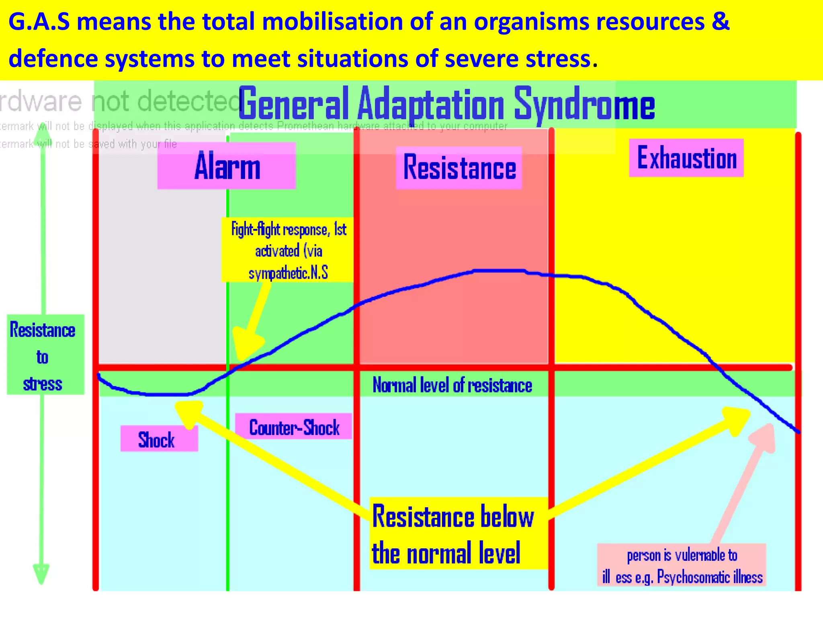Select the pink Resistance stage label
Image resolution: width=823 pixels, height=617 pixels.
pyautogui.click(x=459, y=168)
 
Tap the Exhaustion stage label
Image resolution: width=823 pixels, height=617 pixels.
pyautogui.click(x=686, y=158)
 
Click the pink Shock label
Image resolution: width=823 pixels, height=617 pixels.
pyautogui.click(x=159, y=439)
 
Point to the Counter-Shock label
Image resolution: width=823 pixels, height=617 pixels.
pyautogui.click(x=294, y=427)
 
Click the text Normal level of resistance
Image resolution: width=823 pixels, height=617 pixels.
pyautogui.click(x=452, y=385)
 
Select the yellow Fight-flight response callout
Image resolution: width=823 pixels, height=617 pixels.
pyautogui.click(x=288, y=250)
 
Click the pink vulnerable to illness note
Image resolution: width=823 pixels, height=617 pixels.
pyautogui.click(x=682, y=566)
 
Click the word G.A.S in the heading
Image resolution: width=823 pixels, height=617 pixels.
pyautogui.click(x=39, y=22)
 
